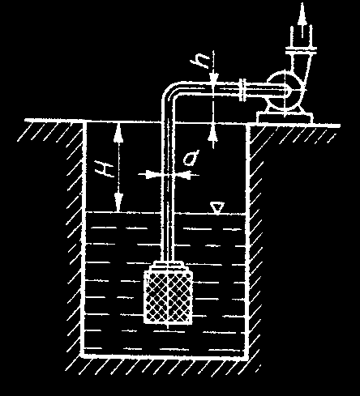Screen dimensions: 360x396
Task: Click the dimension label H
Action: click(x=105, y=169)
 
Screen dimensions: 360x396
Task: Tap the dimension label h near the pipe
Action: click(x=200, y=62)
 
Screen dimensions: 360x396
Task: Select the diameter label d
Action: click(x=191, y=158)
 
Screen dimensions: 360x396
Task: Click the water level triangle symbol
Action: click(x=217, y=208)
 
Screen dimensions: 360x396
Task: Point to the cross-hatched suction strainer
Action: click(x=168, y=297)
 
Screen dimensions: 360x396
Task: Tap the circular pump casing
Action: click(x=285, y=91)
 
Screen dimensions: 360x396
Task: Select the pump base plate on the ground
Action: click(x=285, y=118)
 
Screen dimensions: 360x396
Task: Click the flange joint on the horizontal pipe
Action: click(x=242, y=90)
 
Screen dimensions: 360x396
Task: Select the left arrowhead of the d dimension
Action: click(x=152, y=175)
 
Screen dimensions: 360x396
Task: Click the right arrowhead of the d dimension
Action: click(x=182, y=175)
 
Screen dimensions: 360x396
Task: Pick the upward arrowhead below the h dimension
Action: click(x=213, y=133)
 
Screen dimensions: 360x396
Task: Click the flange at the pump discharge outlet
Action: click(x=301, y=50)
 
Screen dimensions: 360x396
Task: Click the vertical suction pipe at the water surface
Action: click(x=168, y=213)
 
